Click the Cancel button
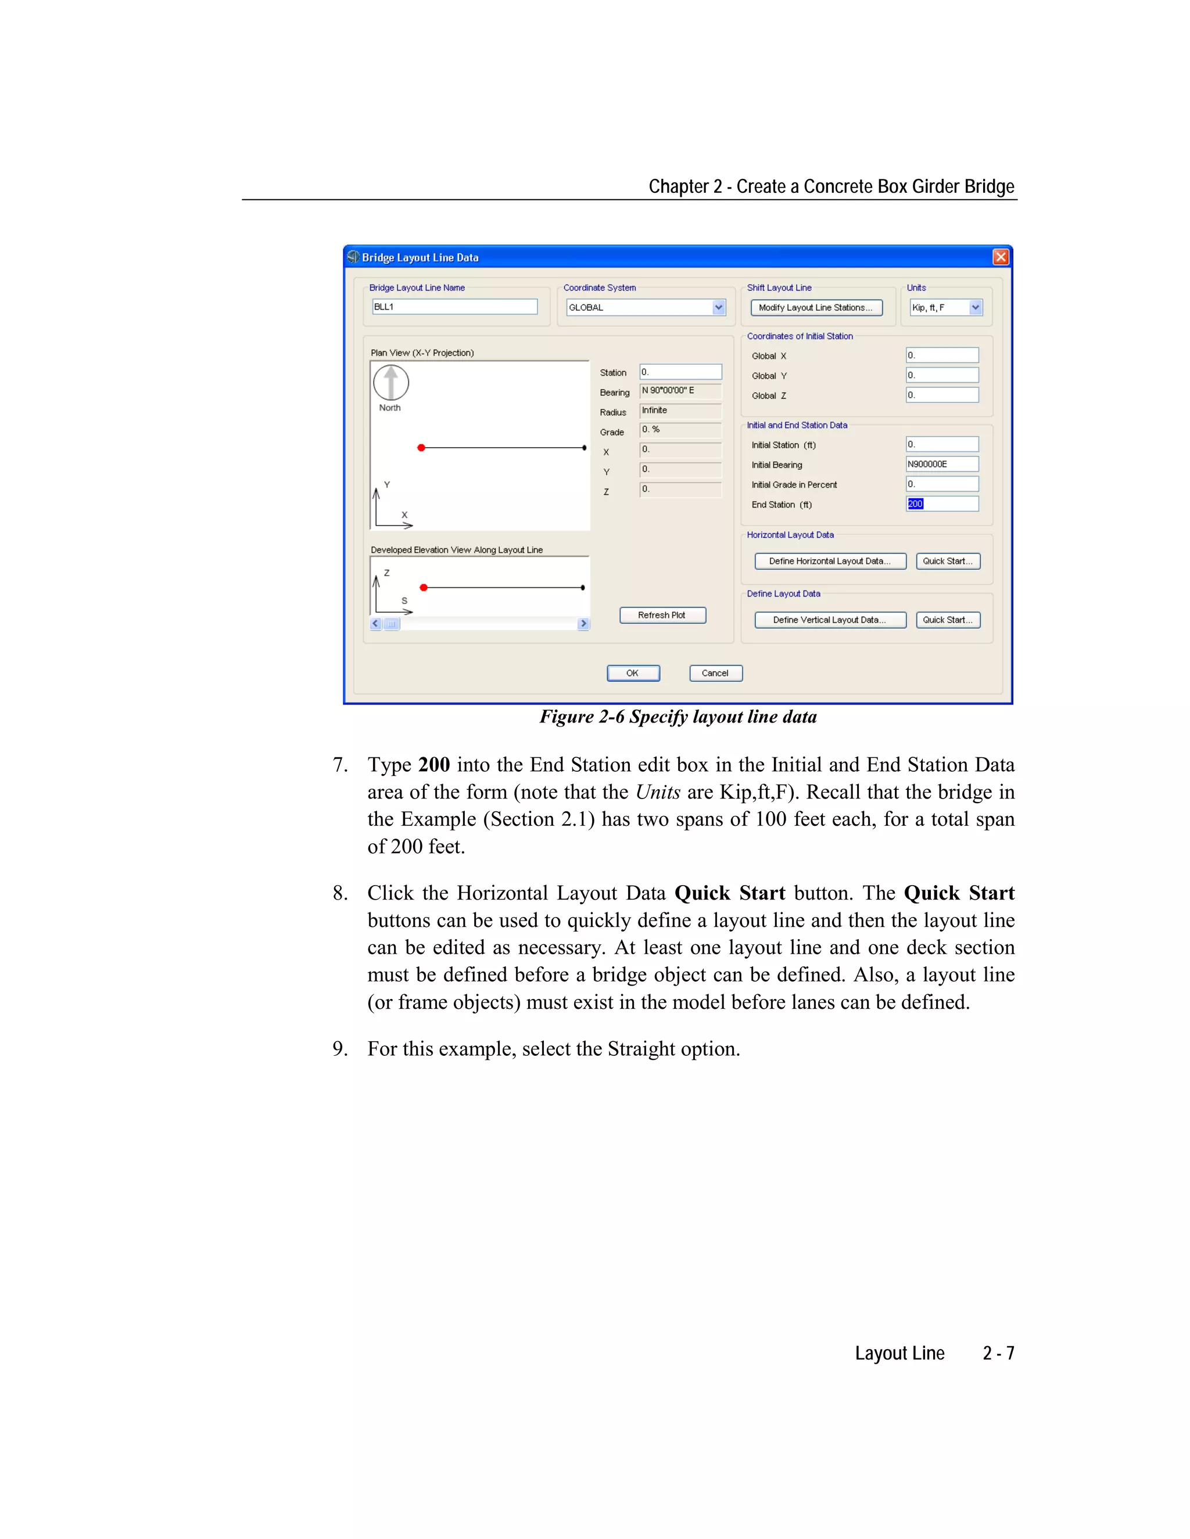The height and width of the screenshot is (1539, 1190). (x=715, y=673)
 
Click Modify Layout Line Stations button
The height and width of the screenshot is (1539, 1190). (x=816, y=308)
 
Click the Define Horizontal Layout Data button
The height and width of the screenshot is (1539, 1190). (x=830, y=561)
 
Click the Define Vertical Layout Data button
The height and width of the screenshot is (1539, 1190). (x=830, y=620)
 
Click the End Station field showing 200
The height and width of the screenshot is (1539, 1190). (x=941, y=504)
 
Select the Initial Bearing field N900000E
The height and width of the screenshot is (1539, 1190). (x=941, y=465)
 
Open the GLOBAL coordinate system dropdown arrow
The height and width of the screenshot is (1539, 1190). (x=718, y=307)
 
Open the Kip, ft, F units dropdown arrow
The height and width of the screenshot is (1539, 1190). (x=975, y=307)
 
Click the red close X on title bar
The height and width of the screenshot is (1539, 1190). (x=1001, y=257)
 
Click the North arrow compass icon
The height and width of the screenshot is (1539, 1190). (x=390, y=383)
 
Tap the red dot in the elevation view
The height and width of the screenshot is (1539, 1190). (x=423, y=588)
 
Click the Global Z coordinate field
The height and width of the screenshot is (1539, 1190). (x=941, y=395)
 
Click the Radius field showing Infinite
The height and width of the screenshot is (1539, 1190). (x=680, y=411)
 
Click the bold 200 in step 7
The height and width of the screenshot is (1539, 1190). (x=433, y=765)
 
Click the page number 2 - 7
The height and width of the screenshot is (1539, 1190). (x=998, y=1354)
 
